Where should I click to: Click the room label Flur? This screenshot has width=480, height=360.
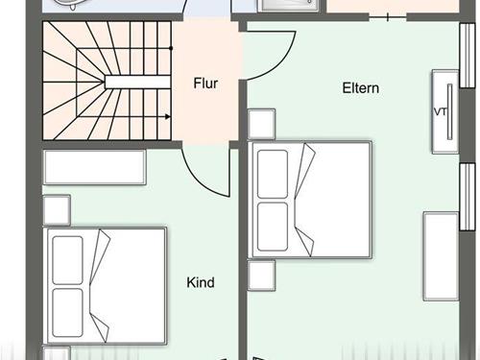coord(205,84)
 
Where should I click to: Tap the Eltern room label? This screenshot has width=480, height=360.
coord(361,88)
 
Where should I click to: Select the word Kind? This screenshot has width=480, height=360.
coord(201,283)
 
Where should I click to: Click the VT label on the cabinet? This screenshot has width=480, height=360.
coord(441,111)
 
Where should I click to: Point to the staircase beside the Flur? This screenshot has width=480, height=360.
coord(106,82)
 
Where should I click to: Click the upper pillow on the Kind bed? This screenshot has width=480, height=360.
coord(67,259)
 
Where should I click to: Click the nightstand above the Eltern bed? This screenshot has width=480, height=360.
coord(261,125)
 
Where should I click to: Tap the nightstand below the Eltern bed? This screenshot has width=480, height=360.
coord(261,276)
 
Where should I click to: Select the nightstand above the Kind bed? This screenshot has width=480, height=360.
coord(57,210)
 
